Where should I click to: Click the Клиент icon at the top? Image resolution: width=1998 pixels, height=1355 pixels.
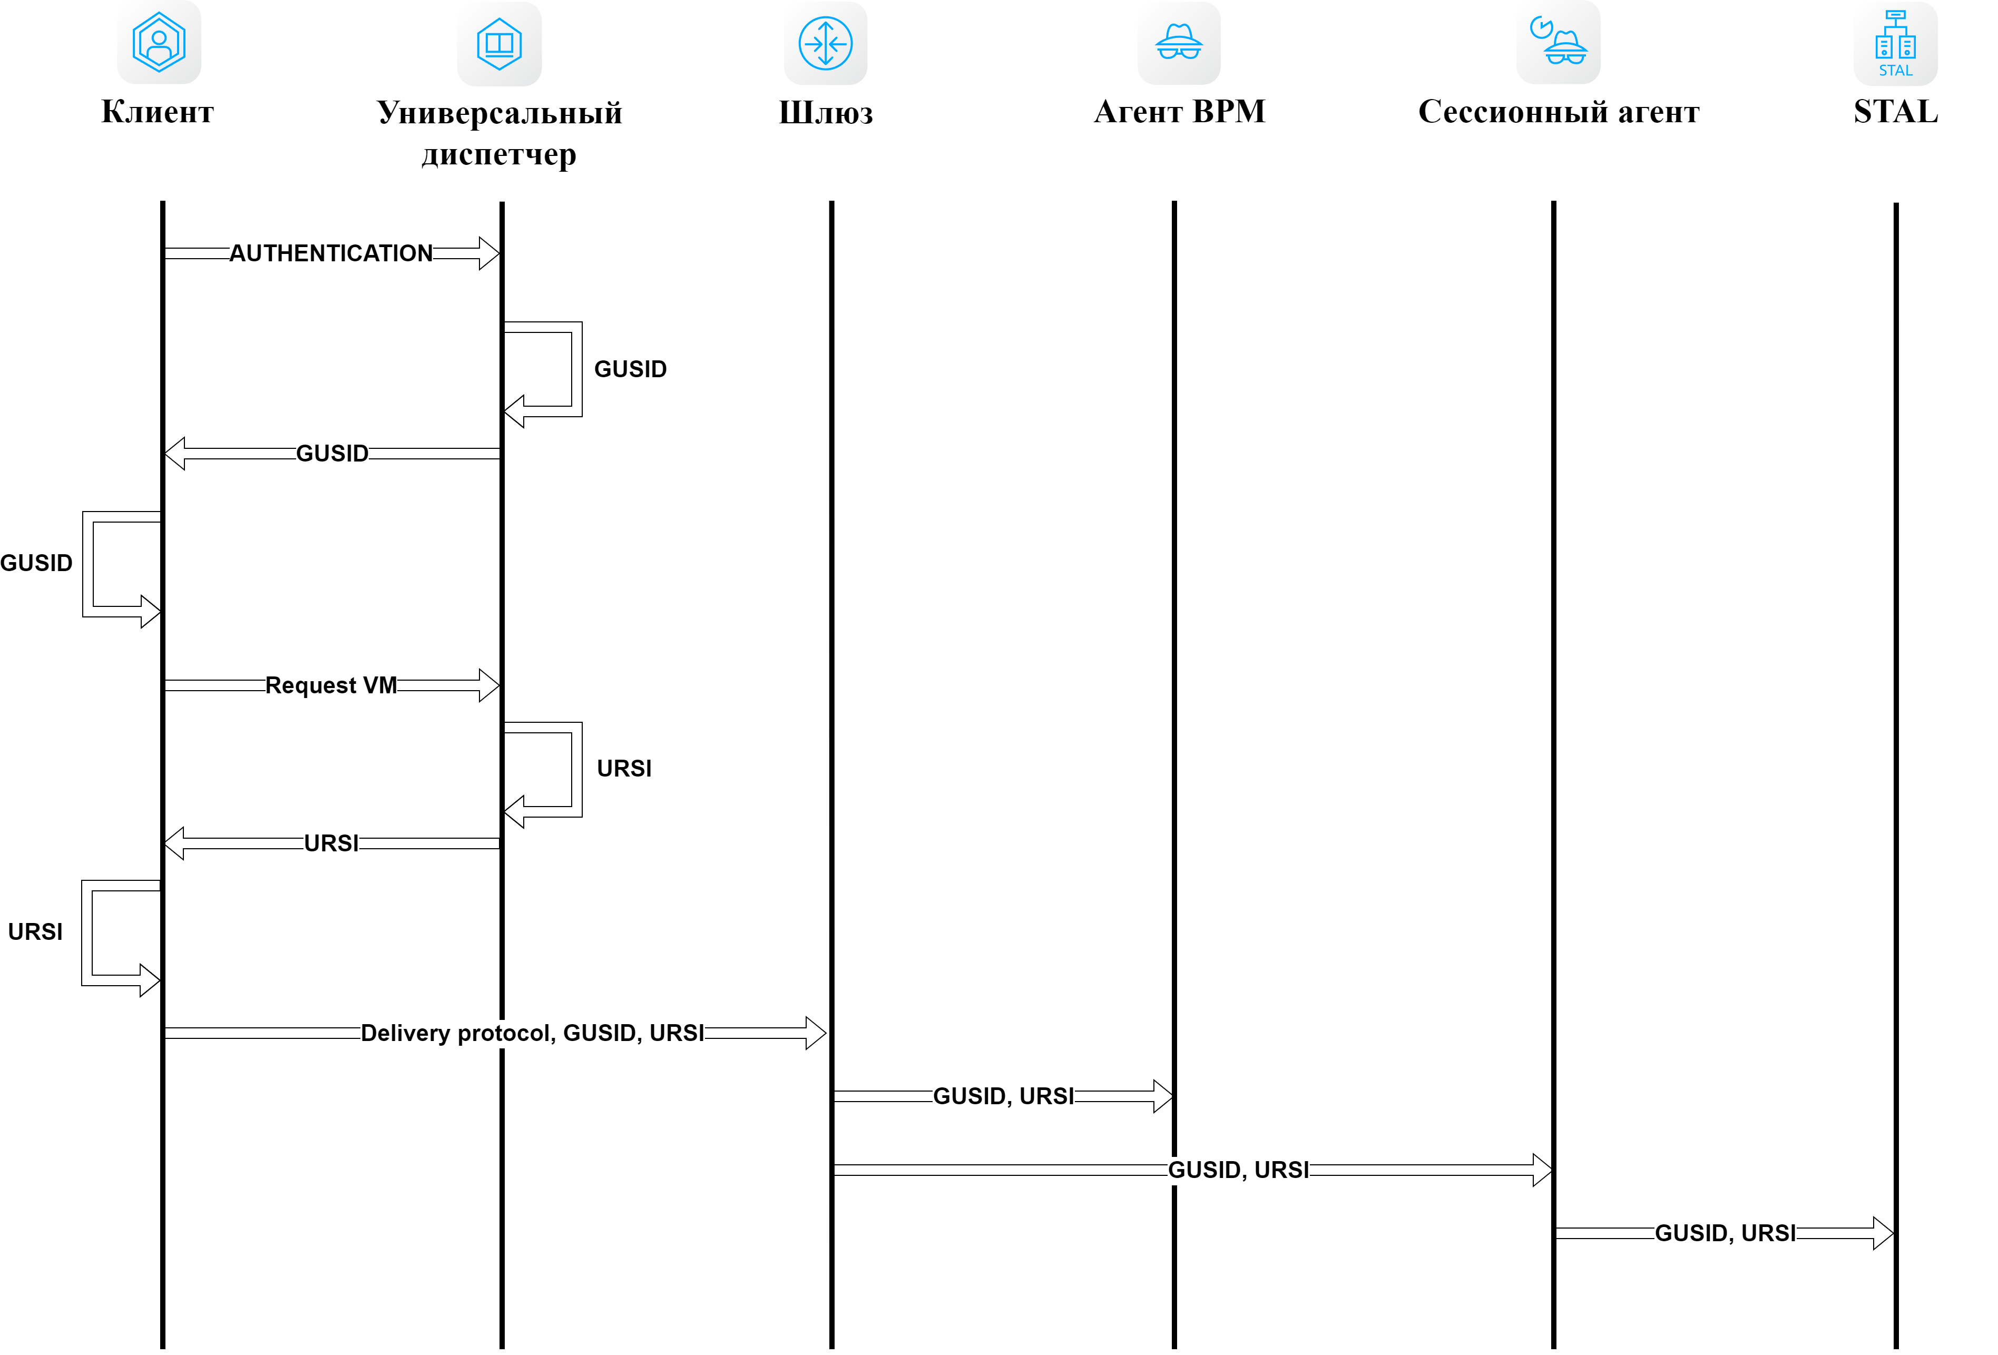(x=159, y=42)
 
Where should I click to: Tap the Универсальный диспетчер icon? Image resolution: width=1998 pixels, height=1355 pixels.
(x=500, y=44)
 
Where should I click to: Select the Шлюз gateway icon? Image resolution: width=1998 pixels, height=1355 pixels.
(x=825, y=44)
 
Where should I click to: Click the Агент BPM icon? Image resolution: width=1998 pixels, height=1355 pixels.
(x=1179, y=43)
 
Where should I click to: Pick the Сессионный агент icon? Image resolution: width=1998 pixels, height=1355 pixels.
(x=1558, y=43)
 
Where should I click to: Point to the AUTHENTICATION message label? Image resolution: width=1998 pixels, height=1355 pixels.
(x=331, y=253)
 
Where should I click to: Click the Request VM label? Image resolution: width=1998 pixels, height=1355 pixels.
(x=331, y=685)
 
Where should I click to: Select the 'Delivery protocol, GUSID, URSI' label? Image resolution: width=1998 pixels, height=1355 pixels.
(x=532, y=1033)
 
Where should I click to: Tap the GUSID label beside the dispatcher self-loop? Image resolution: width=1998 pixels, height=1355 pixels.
(x=630, y=369)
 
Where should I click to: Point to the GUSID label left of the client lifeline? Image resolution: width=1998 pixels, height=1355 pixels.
(x=36, y=563)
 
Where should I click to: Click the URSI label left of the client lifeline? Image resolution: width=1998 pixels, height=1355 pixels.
(x=35, y=932)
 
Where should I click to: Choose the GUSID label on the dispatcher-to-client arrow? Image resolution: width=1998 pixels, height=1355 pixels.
(x=332, y=453)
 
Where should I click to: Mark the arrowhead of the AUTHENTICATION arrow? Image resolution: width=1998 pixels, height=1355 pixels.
(x=489, y=253)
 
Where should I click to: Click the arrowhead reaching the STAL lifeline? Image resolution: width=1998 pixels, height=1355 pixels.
(x=1883, y=1233)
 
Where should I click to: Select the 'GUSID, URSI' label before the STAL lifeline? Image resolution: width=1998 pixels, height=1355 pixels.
(x=1726, y=1233)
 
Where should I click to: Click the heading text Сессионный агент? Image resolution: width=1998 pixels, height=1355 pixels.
(x=1559, y=112)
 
